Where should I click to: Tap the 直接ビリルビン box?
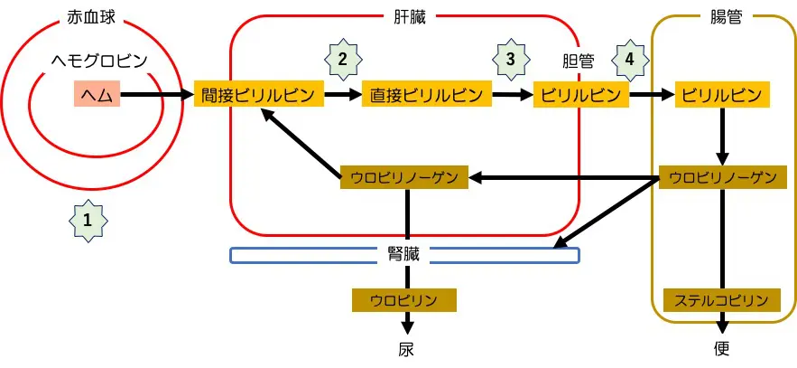pos(427,94)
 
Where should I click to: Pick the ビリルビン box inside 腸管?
pos(722,94)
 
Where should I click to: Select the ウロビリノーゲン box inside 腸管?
pos(723,177)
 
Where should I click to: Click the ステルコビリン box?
pos(722,300)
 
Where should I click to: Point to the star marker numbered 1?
pos(87,219)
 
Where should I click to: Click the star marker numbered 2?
pos(342,59)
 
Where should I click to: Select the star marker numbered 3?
pos(511,59)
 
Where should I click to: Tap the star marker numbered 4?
pos(629,59)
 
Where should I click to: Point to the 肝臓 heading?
pos(403,16)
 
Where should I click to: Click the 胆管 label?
pos(577,61)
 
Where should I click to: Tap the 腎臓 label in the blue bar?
pos(404,255)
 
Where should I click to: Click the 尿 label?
pos(407,348)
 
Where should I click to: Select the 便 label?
pos(721,348)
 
